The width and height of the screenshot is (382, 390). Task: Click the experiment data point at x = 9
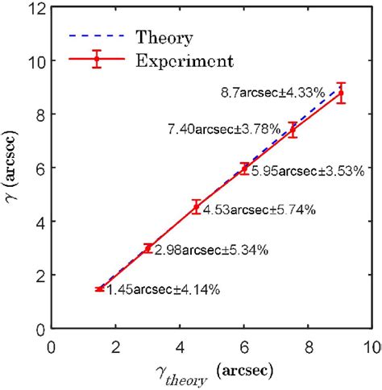(340, 93)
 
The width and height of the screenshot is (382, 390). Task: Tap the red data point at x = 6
(244, 168)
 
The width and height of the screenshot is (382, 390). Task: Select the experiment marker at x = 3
(148, 248)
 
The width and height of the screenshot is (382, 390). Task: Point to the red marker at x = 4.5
(196, 207)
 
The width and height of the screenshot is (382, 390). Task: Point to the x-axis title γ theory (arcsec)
(210, 375)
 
